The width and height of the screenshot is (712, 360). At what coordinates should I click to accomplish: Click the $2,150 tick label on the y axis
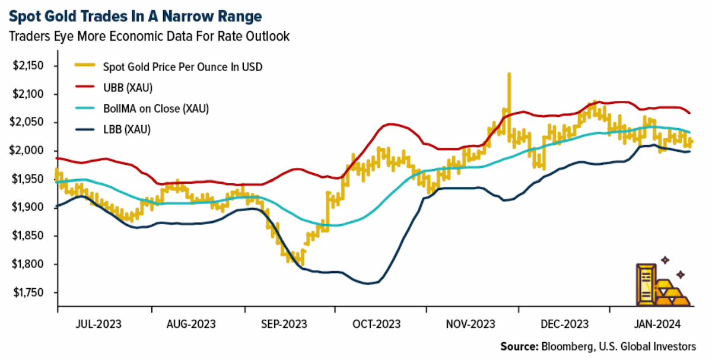coord(28,66)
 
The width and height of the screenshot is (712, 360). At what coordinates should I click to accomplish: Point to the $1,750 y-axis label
coord(28,292)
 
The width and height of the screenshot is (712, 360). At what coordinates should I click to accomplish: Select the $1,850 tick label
coord(28,236)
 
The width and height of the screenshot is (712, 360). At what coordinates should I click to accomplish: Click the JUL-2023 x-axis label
coord(98,324)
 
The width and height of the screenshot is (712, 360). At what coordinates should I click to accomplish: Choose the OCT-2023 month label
coord(376,324)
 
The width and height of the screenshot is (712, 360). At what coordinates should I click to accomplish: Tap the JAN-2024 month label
coord(657,324)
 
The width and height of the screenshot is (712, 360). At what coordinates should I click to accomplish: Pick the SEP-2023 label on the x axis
coord(284,324)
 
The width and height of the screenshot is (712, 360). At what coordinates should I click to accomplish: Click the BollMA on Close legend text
coord(142,109)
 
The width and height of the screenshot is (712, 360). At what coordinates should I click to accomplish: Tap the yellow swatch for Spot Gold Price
coord(85,65)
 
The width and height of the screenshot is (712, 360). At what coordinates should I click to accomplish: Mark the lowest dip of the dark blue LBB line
coord(368,283)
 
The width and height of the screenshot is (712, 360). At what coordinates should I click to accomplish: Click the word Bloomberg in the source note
coord(568,346)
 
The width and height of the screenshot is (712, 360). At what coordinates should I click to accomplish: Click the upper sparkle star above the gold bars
coord(665,260)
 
